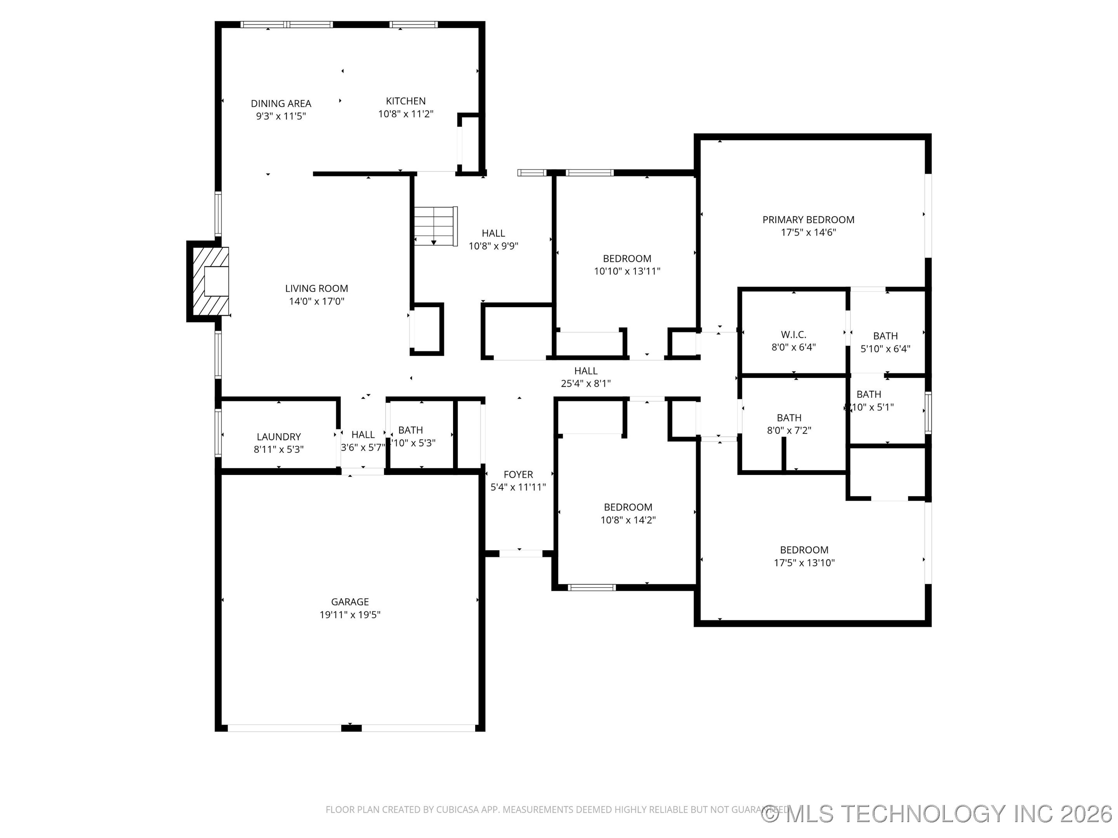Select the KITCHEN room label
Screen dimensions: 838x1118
[x=405, y=101]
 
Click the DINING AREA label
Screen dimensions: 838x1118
[x=281, y=104]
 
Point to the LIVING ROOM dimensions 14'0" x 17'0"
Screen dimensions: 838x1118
[x=316, y=301]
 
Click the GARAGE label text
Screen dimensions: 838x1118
[x=350, y=602]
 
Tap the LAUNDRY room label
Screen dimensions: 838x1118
[x=278, y=436]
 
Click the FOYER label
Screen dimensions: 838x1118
[x=518, y=474]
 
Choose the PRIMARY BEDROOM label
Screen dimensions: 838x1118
[x=808, y=220]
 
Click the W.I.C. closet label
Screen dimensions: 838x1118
[x=793, y=334]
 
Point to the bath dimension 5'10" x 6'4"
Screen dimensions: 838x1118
[x=885, y=348]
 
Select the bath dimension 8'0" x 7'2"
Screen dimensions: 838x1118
[x=789, y=430]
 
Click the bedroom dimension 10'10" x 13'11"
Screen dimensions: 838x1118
[x=627, y=271]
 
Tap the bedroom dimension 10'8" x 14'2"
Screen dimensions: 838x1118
[x=628, y=520]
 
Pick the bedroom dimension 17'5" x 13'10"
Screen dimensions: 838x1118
[x=804, y=563]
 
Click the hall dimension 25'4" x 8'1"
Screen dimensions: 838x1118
[x=585, y=383]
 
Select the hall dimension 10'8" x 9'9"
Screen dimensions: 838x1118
[x=493, y=246]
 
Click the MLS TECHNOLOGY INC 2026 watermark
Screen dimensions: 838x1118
[x=937, y=813]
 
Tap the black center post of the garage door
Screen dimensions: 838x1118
[x=351, y=728]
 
